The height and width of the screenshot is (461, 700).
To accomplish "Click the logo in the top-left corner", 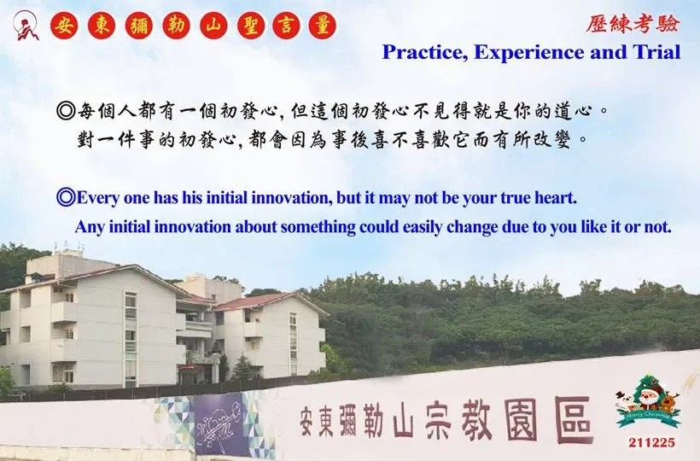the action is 26,26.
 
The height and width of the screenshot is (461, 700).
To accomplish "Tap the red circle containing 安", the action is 64,26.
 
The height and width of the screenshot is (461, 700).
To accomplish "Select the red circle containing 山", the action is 213,26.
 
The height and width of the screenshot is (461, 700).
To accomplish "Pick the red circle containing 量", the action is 323,26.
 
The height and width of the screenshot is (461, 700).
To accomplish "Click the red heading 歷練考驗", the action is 633,24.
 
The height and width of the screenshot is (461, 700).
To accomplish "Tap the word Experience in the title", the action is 529,53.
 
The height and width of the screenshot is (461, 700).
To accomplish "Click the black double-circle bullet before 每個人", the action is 66,110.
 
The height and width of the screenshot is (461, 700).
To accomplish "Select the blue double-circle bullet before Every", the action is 66,197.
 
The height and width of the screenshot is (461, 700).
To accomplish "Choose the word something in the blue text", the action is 318,227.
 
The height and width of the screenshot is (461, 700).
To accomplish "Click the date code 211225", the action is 652,442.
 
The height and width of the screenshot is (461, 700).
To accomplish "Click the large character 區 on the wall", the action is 575,419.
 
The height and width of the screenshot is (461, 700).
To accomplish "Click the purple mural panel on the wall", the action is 222,424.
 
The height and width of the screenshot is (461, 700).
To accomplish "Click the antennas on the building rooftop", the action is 67,248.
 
